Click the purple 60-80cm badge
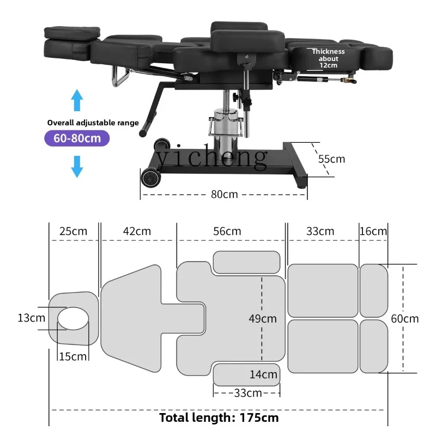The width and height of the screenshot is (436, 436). point(77,138)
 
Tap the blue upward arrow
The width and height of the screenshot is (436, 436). point(77,102)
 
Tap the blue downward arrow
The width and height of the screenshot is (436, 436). point(77,166)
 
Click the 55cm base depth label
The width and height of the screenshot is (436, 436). point(331,159)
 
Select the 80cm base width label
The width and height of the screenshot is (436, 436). point(224,194)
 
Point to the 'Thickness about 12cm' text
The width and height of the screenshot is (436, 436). point(325,58)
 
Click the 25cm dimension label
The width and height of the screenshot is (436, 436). point(73,231)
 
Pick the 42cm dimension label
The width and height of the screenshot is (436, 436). point(137,231)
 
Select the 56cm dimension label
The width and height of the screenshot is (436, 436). point(227,231)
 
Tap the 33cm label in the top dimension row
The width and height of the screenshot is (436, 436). point(320,231)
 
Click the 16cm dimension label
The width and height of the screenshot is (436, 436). point(373,231)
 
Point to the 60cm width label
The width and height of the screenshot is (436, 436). point(405,319)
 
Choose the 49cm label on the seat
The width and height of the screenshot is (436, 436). point(262,319)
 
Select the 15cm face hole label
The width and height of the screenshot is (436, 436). point(72,356)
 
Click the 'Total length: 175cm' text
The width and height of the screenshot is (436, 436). point(219,418)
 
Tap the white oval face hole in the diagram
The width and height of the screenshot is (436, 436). point(73,318)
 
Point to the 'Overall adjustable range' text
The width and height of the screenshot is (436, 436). point(93,123)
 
